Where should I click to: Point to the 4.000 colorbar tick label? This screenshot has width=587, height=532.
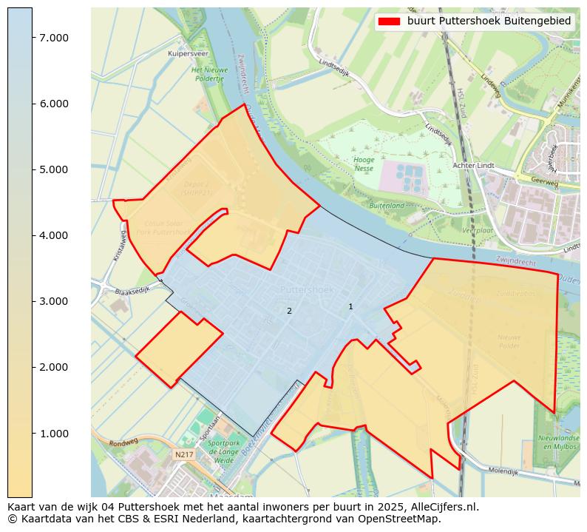pyautogui.click(x=54, y=235)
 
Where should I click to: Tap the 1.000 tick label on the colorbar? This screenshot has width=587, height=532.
pyautogui.click(x=54, y=433)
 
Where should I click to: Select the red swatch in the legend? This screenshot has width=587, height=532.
pyautogui.click(x=389, y=21)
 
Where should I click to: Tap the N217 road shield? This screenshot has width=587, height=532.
pyautogui.click(x=183, y=454)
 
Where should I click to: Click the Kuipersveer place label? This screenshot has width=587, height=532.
pyautogui.click(x=187, y=54)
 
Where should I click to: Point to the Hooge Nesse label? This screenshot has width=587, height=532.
pyautogui.click(x=364, y=164)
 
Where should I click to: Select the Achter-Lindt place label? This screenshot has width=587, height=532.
pyautogui.click(x=473, y=166)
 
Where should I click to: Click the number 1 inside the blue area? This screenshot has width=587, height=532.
pyautogui.click(x=350, y=306)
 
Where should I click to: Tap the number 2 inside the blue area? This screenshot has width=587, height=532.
pyautogui.click(x=289, y=311)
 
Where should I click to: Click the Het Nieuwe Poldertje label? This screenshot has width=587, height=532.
pyautogui.click(x=208, y=74)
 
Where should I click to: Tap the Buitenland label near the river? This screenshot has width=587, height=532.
pyautogui.click(x=387, y=205)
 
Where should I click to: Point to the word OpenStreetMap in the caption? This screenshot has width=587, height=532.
pyautogui.click(x=399, y=519)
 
